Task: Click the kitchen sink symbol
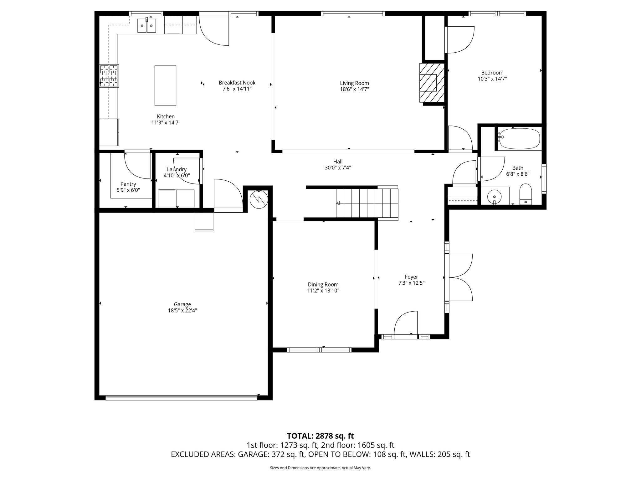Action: point(146,26)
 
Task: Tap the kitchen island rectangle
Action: point(165,85)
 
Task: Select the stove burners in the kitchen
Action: point(109,75)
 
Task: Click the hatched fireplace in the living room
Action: point(432,83)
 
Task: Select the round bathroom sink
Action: point(494,196)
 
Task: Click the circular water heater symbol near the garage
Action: point(259,199)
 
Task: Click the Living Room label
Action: point(354,83)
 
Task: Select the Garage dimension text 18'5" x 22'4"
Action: point(182,311)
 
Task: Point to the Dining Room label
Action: point(323,285)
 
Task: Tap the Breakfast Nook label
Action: point(237,83)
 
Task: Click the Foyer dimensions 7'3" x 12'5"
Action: point(411,283)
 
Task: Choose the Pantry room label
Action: point(128,184)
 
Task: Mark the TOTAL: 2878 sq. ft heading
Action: point(320,436)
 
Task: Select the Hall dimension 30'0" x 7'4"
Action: point(338,168)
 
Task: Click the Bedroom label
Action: point(492,73)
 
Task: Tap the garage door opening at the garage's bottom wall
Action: point(182,398)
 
